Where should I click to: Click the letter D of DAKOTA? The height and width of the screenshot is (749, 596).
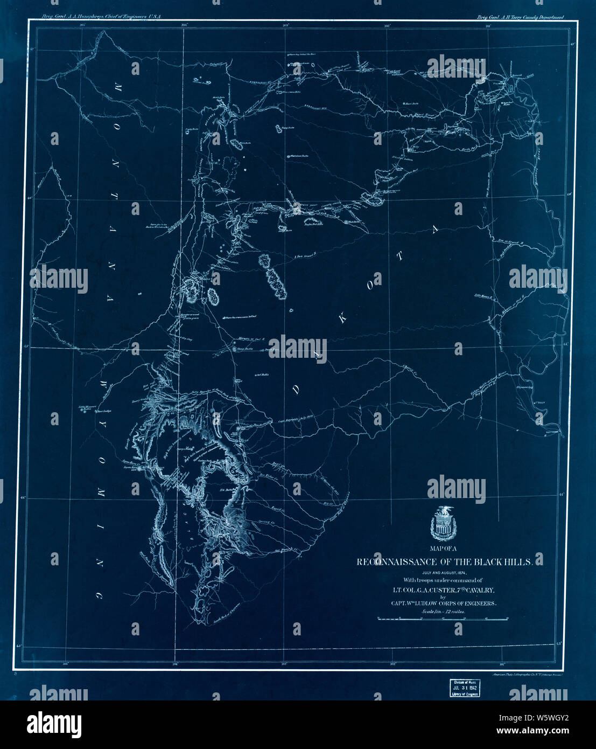point(295,391)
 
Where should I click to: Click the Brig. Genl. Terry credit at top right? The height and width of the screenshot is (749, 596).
point(520,17)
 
